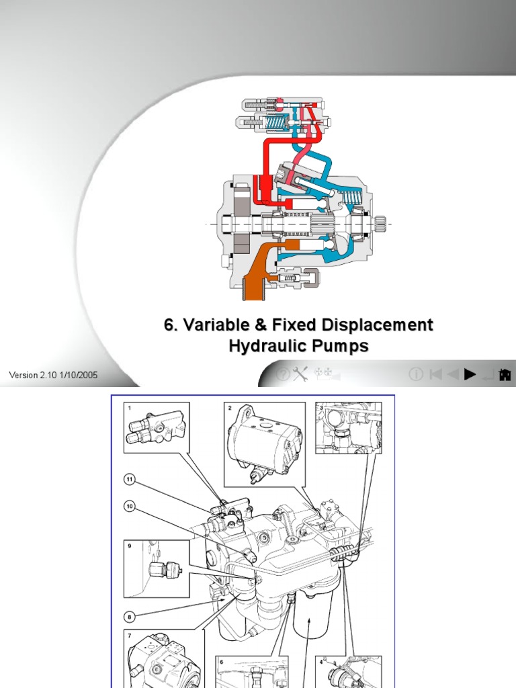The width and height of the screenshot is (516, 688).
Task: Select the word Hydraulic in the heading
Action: pyautogui.click(x=265, y=347)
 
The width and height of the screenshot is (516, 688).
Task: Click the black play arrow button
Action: pyautogui.click(x=470, y=374)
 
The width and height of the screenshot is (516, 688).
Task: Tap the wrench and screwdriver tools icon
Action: pyautogui.click(x=301, y=374)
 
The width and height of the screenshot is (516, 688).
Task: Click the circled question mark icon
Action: pyautogui.click(x=284, y=374)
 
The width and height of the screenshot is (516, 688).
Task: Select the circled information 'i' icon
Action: pyautogui.click(x=416, y=374)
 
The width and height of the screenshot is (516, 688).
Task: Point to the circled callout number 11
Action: pyautogui.click(x=130, y=479)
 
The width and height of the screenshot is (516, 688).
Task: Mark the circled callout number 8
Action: pyautogui.click(x=130, y=615)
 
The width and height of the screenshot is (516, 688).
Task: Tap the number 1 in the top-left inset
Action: pyautogui.click(x=128, y=407)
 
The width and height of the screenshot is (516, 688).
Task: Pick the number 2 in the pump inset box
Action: pyautogui.click(x=230, y=408)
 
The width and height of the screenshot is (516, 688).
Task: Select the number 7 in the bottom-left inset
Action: pyautogui.click(x=128, y=634)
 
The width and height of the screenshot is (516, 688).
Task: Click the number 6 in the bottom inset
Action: pyautogui.click(x=221, y=661)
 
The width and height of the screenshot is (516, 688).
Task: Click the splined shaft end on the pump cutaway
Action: pyautogui.click(x=380, y=222)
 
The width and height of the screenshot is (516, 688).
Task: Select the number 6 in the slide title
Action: pyautogui.click(x=169, y=326)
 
